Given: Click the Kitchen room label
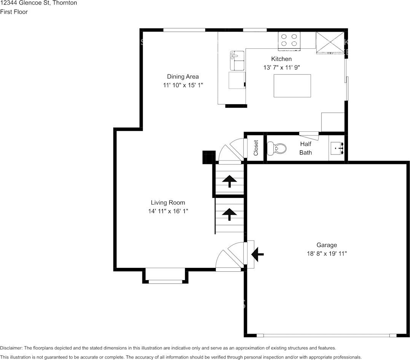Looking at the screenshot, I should pos(281,59).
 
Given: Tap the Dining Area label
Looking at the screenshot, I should pos(183,77).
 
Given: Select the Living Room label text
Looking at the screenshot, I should pos(168,203).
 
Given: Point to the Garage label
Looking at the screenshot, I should pos(327,245).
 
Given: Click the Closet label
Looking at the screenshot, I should pos(256,148).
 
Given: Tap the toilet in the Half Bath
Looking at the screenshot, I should pos(277,148).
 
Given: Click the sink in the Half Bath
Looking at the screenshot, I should pos(337,148).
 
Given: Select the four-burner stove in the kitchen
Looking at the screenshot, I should pos(289,41).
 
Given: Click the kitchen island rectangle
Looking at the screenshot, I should pos(292,86).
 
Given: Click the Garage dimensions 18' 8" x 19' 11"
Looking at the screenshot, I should pos(327,253).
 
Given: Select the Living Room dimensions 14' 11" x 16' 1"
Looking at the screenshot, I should pos(168,211).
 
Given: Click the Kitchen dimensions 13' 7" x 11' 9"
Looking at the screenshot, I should pos(281,68).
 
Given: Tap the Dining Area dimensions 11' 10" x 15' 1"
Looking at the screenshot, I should pos(183,85).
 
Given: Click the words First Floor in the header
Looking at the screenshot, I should pos(14,12).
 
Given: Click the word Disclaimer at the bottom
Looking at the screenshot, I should pos(11,348).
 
